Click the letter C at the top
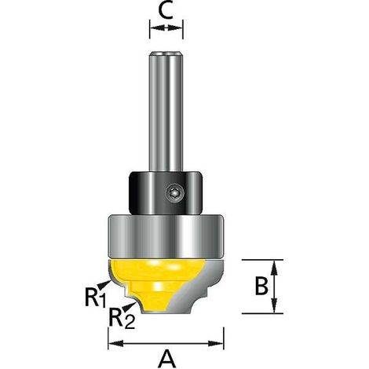click(x=166, y=11)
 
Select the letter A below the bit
click(x=166, y=359)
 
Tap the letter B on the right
click(x=261, y=286)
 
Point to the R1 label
click(x=95, y=297)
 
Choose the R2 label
click(x=122, y=319)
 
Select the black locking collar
click(x=166, y=193)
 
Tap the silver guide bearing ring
click(x=166, y=236)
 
